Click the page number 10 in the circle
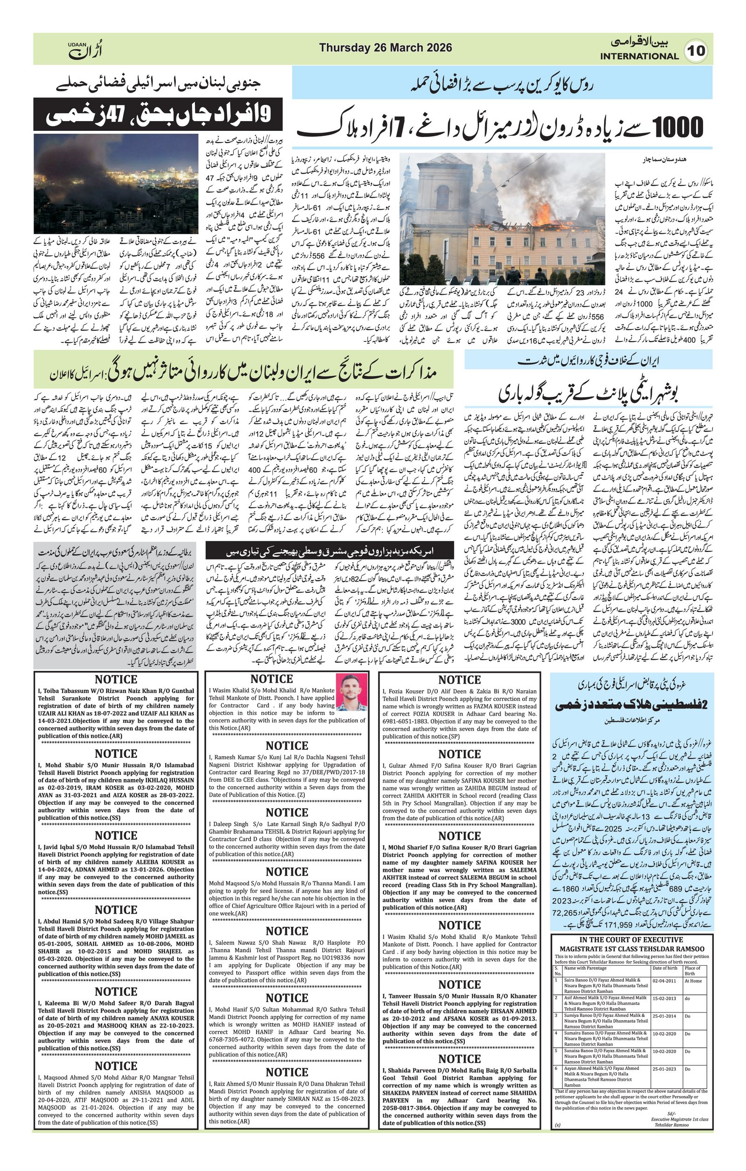pos(699,51)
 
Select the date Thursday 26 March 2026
pos(386,48)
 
